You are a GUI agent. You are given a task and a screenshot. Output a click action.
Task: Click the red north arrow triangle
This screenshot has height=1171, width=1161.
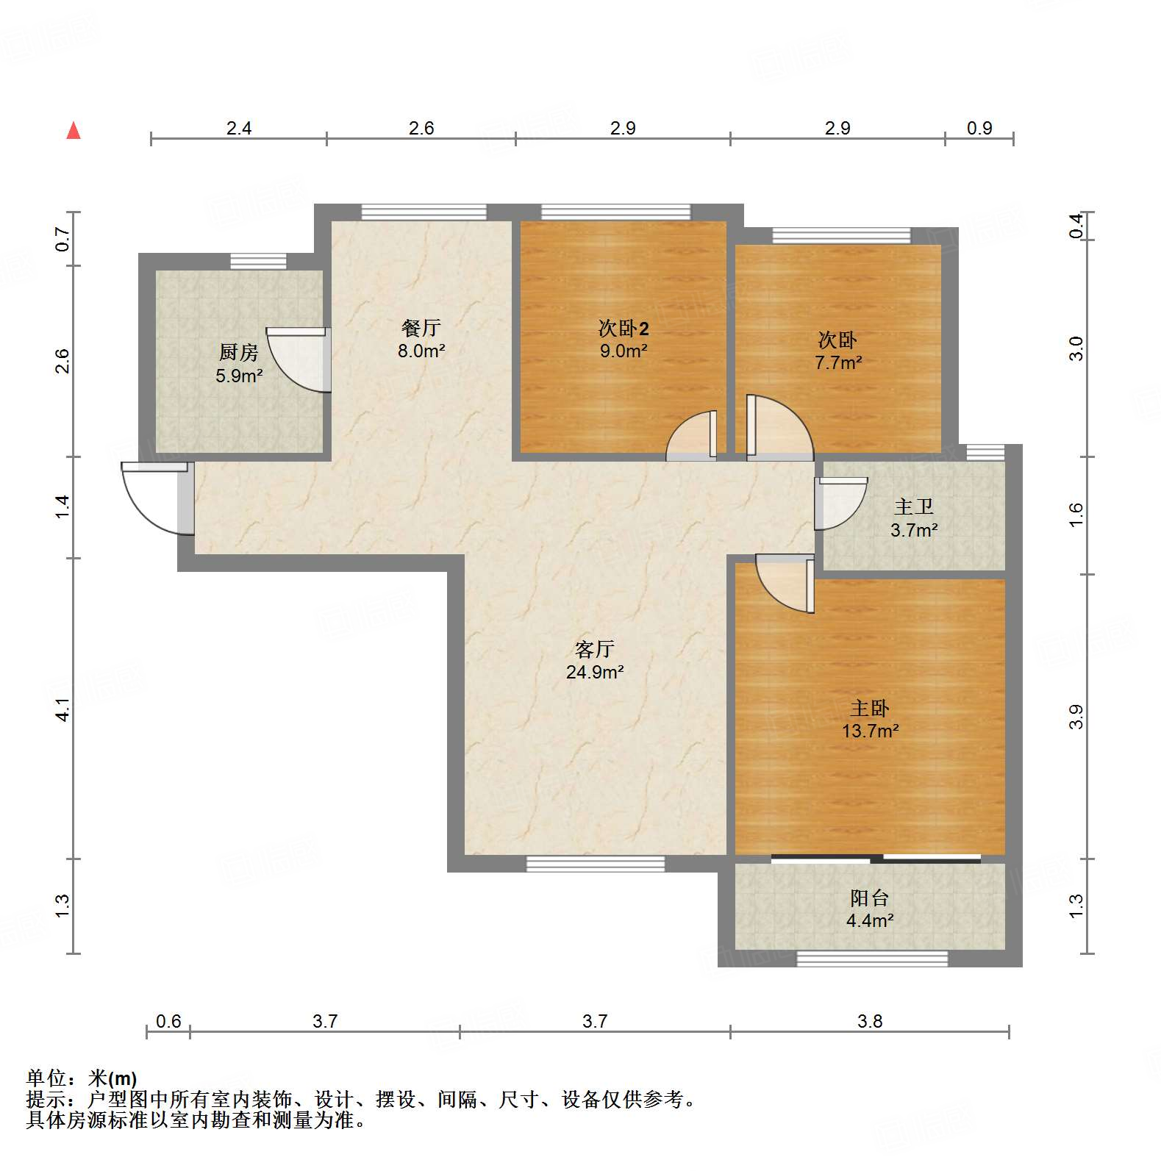74,131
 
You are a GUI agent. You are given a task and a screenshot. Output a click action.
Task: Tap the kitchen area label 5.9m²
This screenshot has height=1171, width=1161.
239,376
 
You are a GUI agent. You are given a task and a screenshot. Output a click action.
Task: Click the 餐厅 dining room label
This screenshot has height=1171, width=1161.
421,327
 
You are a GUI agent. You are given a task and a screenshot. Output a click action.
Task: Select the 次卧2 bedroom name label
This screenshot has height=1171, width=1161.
623,328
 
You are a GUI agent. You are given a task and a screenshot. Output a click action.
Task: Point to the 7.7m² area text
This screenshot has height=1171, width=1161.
837,362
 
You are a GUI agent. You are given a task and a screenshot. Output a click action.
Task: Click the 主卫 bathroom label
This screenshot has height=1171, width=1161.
913,506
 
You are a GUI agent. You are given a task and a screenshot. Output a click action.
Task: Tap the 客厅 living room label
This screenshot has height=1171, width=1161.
594,648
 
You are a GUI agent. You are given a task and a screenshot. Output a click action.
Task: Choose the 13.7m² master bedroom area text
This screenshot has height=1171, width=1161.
870,731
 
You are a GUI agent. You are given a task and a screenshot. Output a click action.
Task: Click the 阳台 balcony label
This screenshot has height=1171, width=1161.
869,898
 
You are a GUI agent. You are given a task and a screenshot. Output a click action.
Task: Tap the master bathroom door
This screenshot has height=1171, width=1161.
840,504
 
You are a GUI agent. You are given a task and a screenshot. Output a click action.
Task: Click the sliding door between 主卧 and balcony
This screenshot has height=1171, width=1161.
875,858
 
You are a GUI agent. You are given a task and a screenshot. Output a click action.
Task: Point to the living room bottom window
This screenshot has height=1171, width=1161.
596,864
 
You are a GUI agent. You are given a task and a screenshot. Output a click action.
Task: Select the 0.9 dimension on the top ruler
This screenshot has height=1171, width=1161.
979,128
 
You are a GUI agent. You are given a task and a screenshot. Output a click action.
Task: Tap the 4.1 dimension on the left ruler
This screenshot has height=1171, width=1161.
62,709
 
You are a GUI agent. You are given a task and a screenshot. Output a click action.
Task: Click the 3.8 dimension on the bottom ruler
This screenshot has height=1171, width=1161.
869,1021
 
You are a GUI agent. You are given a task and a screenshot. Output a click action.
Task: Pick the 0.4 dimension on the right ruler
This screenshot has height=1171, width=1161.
1076,225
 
